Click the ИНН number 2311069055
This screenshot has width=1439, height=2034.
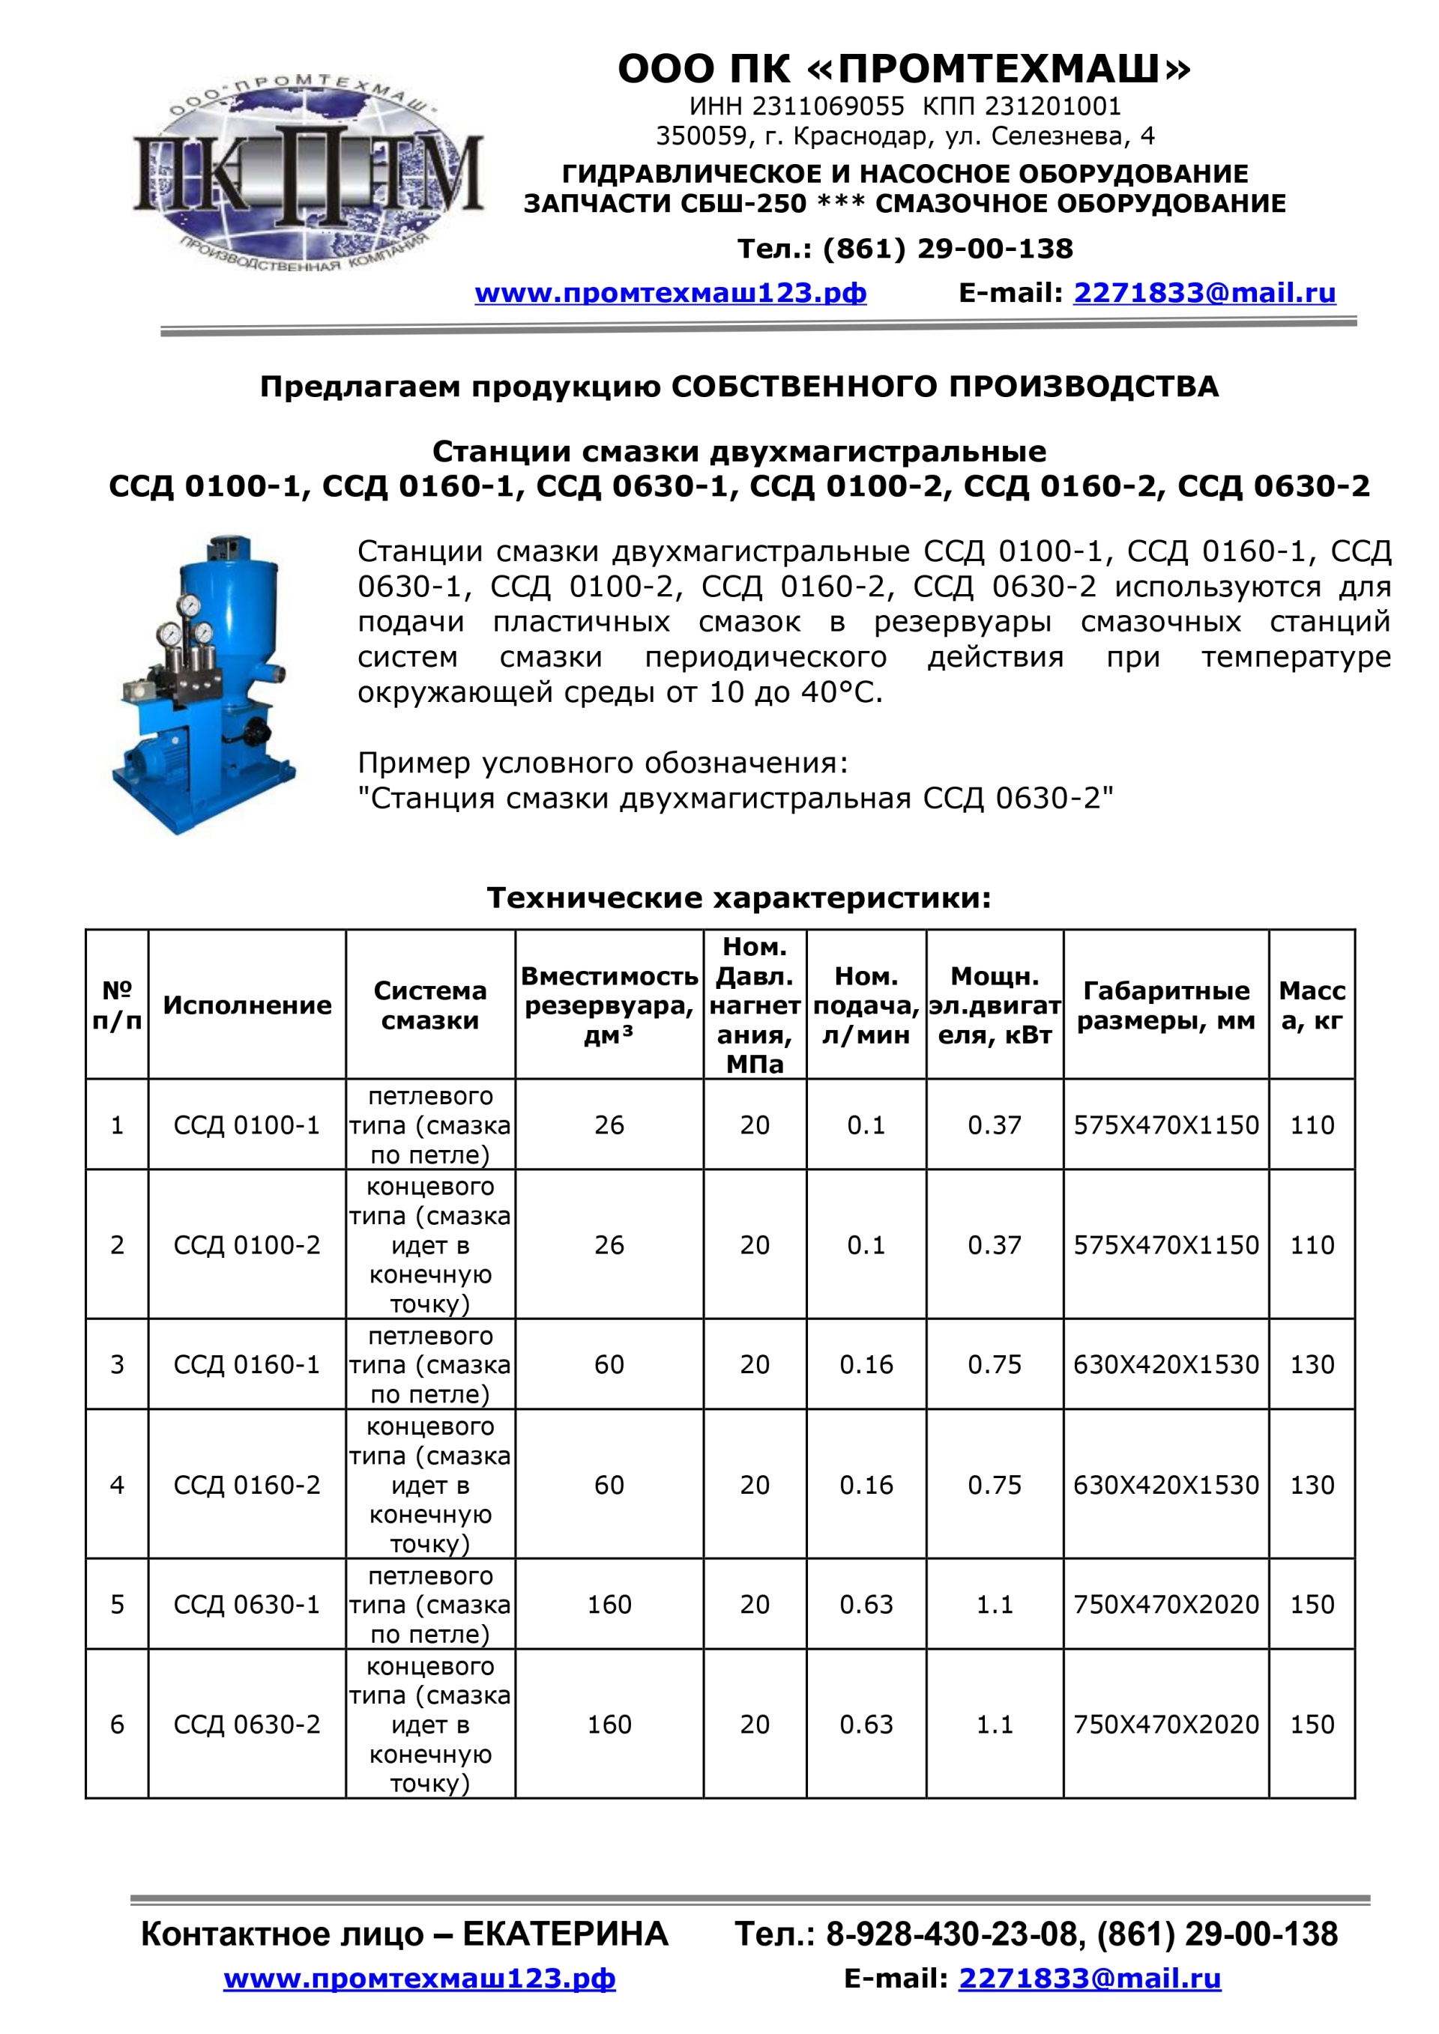pyautogui.click(x=827, y=106)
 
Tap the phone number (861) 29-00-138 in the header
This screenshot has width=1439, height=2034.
pyautogui.click(x=947, y=249)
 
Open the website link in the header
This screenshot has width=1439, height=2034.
pyautogui.click(x=670, y=293)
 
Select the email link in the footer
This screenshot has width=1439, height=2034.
pyautogui.click(x=1089, y=1979)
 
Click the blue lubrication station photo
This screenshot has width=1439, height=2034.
pyautogui.click(x=204, y=685)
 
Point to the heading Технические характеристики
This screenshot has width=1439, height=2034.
pyautogui.click(x=738, y=898)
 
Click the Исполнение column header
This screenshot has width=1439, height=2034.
pyautogui.click(x=247, y=1005)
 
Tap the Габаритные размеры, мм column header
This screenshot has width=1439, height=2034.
pyautogui.click(x=1165, y=1005)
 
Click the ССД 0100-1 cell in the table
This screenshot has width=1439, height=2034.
pyautogui.click(x=247, y=1125)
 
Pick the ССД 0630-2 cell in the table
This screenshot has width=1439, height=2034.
pyautogui.click(x=247, y=1724)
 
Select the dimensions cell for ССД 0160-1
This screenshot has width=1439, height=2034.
pyautogui.click(x=1165, y=1364)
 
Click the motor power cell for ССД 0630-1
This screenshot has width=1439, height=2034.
pyautogui.click(x=995, y=1604)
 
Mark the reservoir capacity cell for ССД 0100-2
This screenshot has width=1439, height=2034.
pyautogui.click(x=609, y=1244)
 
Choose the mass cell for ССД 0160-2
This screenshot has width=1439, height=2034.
pyautogui.click(x=1312, y=1485)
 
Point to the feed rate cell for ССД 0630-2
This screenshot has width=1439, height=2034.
pyautogui.click(x=866, y=1724)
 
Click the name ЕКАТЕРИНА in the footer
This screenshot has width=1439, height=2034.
pyautogui.click(x=565, y=1934)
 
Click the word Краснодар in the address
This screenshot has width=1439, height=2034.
pyautogui.click(x=860, y=136)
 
